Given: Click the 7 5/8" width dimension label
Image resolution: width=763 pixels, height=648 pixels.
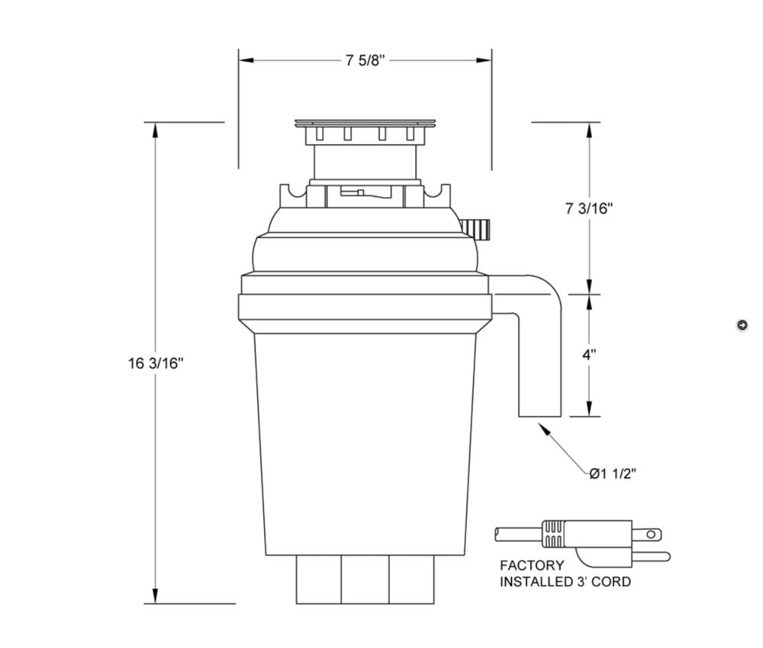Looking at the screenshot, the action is click(x=365, y=60).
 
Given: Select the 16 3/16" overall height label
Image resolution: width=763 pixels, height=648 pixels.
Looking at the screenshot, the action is click(x=156, y=363).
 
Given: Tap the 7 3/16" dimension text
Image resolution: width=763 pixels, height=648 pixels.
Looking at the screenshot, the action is click(x=589, y=208).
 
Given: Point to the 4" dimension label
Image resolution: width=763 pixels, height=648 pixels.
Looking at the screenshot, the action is click(x=589, y=354).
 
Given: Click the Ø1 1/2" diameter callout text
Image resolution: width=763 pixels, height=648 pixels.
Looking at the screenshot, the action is click(x=613, y=474).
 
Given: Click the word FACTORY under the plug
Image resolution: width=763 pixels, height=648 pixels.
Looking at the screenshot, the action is click(x=532, y=566).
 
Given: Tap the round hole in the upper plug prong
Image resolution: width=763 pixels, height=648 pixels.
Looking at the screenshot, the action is click(x=651, y=534).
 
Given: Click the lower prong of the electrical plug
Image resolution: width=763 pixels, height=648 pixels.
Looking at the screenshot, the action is click(x=651, y=556).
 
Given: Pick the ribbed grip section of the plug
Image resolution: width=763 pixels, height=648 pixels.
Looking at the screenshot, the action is click(x=554, y=534).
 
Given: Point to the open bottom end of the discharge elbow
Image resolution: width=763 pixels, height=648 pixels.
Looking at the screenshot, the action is click(x=539, y=416).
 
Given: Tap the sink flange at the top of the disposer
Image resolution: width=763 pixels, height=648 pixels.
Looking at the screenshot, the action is click(x=365, y=123).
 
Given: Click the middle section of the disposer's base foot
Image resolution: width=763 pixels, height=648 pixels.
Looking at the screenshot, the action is click(x=365, y=579).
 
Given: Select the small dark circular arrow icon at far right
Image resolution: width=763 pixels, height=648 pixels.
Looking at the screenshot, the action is click(x=742, y=324).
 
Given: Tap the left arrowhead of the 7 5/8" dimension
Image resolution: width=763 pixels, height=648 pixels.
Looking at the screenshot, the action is click(x=246, y=60).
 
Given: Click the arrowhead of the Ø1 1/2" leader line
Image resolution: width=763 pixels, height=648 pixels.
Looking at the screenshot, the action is click(x=543, y=429).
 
